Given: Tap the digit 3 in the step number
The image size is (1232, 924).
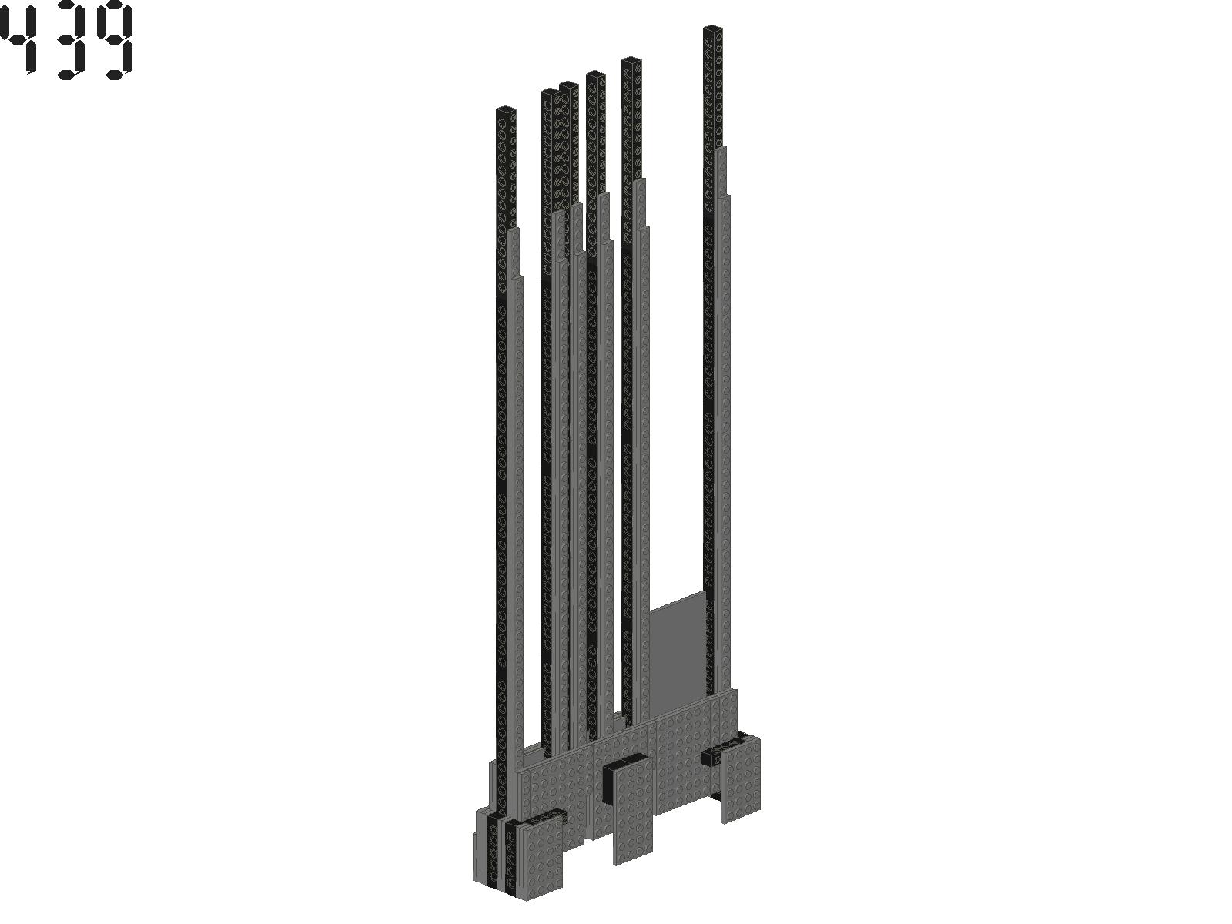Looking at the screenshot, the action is coord(70,39).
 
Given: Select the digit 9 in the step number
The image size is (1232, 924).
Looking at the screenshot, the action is coord(115,40).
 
